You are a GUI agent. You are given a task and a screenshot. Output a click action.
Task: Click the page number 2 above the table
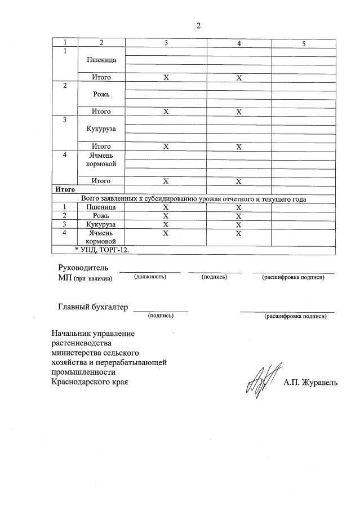click(198, 25)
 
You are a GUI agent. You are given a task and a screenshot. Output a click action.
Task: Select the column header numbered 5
click(303, 43)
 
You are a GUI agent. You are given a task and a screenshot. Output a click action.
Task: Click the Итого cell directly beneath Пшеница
click(101, 77)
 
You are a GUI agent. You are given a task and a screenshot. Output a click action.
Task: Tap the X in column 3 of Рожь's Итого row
click(166, 112)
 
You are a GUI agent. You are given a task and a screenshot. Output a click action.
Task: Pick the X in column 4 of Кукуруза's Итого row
click(239, 147)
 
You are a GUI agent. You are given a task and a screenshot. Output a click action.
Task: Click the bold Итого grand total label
click(65, 190)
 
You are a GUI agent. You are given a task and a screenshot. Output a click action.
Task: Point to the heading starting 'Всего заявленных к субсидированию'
click(194, 199)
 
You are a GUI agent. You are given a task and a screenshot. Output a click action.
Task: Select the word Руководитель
click(83, 268)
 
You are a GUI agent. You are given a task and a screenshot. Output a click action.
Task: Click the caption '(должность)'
click(150, 277)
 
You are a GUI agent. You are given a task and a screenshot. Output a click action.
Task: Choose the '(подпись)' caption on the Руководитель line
click(214, 277)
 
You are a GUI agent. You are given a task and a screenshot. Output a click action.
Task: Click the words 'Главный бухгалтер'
click(93, 307)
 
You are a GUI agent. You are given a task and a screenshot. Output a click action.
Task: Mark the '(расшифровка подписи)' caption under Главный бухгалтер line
click(295, 316)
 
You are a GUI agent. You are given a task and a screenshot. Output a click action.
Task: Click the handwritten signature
click(260, 382)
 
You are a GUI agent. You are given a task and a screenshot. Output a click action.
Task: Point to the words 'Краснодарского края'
click(90, 382)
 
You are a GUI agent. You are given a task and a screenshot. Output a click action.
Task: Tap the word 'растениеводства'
click(82, 343)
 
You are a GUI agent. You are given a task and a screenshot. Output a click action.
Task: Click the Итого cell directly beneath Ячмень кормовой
click(101, 181)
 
